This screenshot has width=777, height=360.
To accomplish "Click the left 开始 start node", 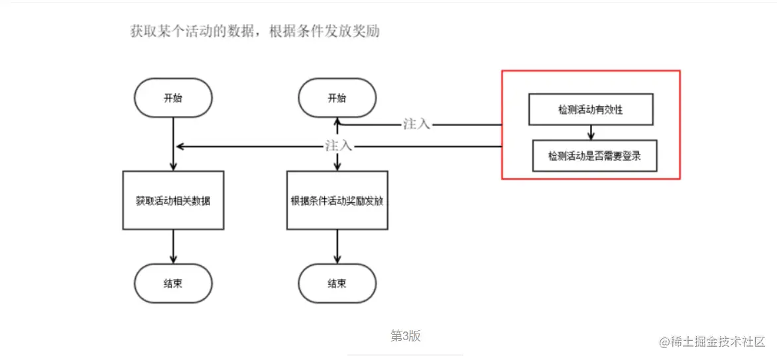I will point(173,98).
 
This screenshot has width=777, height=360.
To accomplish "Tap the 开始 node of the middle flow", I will point(337,98).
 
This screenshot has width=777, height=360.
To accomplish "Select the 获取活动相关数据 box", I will point(173,200).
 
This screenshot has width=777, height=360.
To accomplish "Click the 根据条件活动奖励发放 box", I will point(337,200).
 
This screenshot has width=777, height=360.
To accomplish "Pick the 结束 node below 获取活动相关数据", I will point(173,283).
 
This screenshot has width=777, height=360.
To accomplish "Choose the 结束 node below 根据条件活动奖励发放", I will point(337,283).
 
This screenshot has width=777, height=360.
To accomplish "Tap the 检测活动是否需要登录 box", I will point(595,156).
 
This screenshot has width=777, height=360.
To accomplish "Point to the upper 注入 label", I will point(416,124).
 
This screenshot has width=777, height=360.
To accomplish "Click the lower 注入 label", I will point(338,146).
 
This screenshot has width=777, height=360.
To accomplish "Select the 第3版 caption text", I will point(405,336).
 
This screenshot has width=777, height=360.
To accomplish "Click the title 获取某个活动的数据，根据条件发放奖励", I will point(255,31).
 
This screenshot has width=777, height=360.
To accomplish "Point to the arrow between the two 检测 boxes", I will point(591,133).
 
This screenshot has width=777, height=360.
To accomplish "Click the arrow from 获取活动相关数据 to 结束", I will point(173,247).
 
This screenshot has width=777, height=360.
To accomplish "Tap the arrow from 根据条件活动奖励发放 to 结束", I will point(337,247).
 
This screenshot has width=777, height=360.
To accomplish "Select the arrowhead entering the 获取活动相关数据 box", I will point(173,166).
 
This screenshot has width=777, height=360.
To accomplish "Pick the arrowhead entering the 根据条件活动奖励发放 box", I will point(337,166).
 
